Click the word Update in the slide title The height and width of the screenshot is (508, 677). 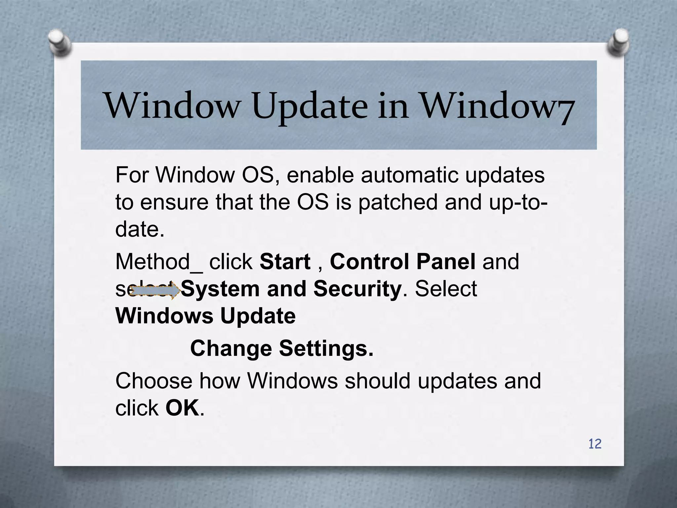tap(310, 106)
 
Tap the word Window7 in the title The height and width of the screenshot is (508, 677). tap(497, 106)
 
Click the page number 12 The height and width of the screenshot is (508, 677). tap(595, 444)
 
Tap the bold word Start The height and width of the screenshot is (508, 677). tap(285, 262)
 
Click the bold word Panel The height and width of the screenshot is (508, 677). tap(446, 262)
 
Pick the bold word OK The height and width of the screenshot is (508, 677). tap(182, 408)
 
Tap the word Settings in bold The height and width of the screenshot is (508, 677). tap(326, 348)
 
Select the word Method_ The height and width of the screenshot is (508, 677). tap(158, 262)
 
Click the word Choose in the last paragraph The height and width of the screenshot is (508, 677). tap(153, 381)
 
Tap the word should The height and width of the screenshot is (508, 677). tap(378, 381)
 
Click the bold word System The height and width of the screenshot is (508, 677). tap(220, 289)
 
